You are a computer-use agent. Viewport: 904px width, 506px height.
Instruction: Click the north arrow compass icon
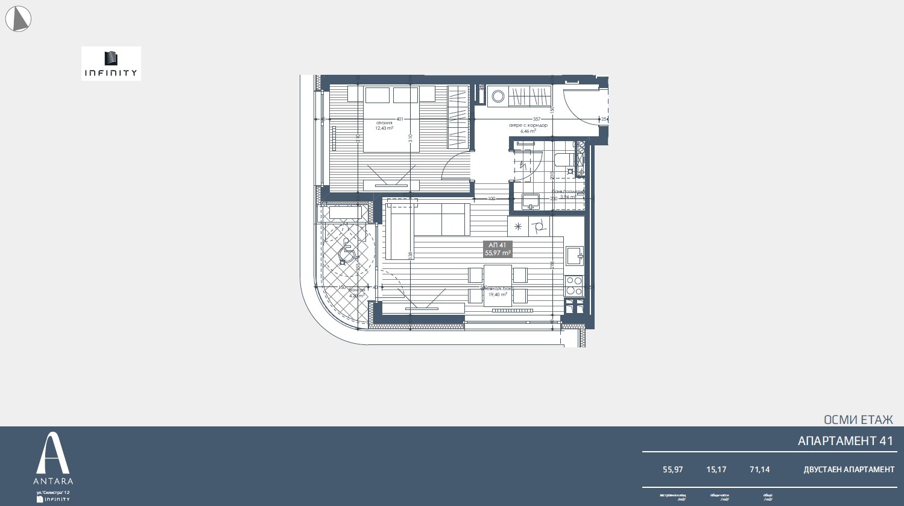18,19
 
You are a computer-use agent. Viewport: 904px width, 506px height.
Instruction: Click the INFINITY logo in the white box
111,63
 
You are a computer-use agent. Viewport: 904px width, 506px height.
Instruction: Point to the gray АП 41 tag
498,249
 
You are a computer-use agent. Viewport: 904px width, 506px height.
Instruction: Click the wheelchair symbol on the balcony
347,250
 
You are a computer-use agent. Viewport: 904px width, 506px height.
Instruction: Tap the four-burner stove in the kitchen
574,285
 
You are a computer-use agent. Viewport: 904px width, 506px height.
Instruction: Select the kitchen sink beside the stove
574,256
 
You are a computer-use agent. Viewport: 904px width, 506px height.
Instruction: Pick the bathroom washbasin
531,201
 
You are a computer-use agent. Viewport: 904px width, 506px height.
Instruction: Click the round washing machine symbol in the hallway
498,96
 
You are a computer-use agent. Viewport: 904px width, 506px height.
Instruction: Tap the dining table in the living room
498,285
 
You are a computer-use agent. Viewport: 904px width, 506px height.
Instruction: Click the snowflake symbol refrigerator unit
517,227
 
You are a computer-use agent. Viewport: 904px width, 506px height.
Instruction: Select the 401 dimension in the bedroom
399,119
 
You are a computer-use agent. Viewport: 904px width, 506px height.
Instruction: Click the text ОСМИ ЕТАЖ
858,420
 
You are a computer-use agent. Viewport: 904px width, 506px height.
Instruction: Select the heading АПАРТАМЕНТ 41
845,441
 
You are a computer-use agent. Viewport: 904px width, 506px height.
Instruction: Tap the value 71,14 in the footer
759,469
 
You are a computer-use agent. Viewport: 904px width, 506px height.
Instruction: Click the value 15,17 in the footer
716,469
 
